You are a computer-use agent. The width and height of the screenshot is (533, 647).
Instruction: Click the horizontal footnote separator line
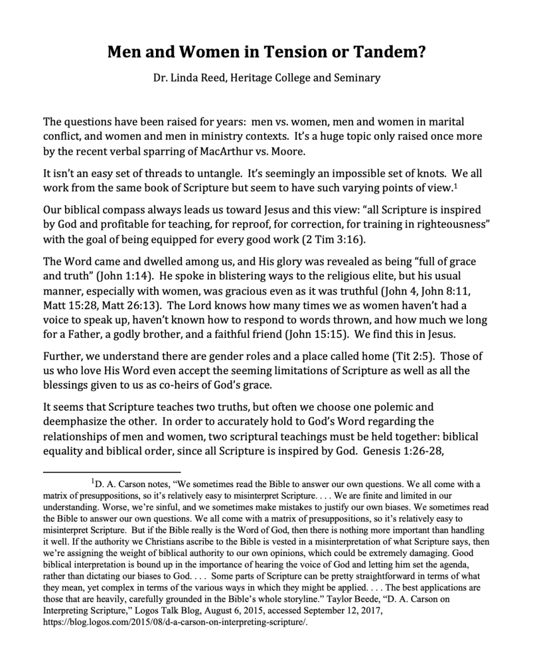[112, 471]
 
